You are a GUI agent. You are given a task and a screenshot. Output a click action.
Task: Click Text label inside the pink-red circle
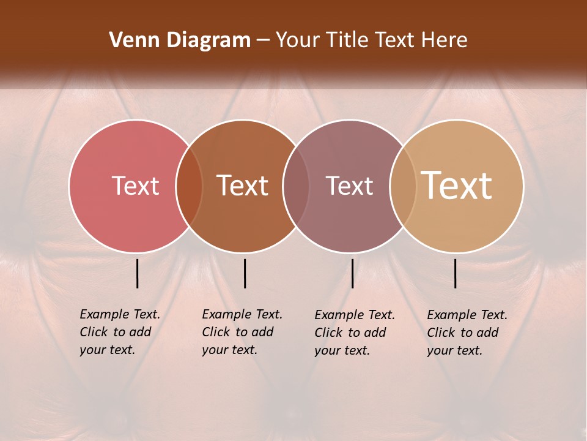pos(135,186)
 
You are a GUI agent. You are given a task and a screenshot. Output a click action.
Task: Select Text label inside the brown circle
pos(243,186)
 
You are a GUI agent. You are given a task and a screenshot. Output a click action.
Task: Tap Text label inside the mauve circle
pos(349,186)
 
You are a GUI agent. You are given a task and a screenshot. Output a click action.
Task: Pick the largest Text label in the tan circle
pos(457,185)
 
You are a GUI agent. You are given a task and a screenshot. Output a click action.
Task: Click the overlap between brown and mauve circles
pos(296,186)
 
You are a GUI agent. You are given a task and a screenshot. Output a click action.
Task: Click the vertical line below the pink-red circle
pos(138,273)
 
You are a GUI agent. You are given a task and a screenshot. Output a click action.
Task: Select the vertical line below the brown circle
pos(245,273)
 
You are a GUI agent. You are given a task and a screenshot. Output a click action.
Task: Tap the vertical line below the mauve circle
pos(352,273)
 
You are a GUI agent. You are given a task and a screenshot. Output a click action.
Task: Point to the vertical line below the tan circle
pos(456,273)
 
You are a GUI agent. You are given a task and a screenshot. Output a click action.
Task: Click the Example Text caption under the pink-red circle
pos(119,332)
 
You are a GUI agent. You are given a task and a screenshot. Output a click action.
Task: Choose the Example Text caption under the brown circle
pos(242,332)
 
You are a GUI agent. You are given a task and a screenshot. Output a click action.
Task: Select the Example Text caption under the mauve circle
pos(354,333)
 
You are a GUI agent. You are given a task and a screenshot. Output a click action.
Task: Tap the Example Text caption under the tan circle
pos(467,333)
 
